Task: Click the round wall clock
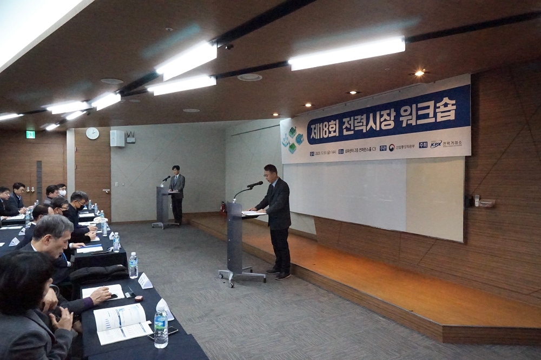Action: tap(93, 133)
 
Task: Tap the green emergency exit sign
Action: tap(30, 134)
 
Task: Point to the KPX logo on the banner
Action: tap(436, 144)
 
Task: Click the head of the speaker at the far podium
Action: tap(175, 169)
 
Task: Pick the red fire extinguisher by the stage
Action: tap(222, 207)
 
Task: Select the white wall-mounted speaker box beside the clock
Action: tap(117, 138)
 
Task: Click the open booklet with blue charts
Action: tap(122, 323)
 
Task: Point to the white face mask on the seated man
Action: tap(63, 192)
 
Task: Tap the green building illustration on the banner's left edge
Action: tap(292, 139)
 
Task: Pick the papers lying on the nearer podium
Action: tap(253, 213)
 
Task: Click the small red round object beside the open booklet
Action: tap(138, 298)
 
